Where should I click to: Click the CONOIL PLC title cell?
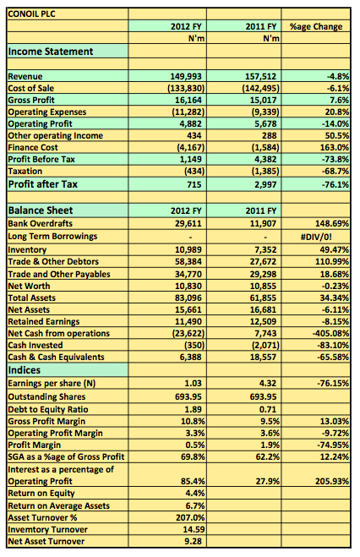[x=31, y=14]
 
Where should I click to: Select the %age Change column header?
[x=316, y=27]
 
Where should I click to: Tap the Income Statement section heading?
[x=51, y=52]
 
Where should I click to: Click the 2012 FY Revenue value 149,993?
[x=186, y=76]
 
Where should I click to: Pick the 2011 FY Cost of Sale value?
[x=260, y=88]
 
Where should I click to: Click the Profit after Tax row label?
[x=42, y=184]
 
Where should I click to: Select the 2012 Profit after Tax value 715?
[x=194, y=184]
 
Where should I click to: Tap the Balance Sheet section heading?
[x=40, y=210]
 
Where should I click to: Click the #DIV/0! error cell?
[x=316, y=237]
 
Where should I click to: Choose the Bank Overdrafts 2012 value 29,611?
[x=188, y=223]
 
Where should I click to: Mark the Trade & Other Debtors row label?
[x=53, y=262]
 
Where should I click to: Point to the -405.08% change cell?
[x=331, y=334]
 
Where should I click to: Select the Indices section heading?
[x=25, y=370]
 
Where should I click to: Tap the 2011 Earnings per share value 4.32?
[x=268, y=383]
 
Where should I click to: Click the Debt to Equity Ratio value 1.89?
[x=194, y=410]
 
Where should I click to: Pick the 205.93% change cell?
[x=332, y=481]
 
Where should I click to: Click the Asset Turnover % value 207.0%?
[x=190, y=517]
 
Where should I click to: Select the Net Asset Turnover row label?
[x=46, y=542]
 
